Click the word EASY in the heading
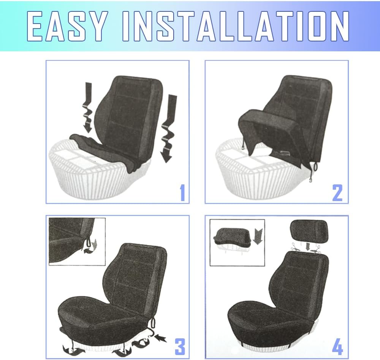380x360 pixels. click(x=66, y=26)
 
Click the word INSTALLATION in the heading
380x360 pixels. click(x=236, y=26)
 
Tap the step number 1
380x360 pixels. click(x=182, y=192)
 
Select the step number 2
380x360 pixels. click(x=337, y=193)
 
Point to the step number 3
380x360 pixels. click(x=180, y=347)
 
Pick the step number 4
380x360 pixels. click(x=337, y=347)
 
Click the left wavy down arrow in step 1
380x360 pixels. click(x=87, y=107)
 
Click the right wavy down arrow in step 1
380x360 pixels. click(x=168, y=128)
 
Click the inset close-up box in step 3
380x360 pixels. click(x=77, y=241)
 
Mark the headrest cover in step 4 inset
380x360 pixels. click(x=230, y=235)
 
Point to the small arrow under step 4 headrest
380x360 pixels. click(x=308, y=247)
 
